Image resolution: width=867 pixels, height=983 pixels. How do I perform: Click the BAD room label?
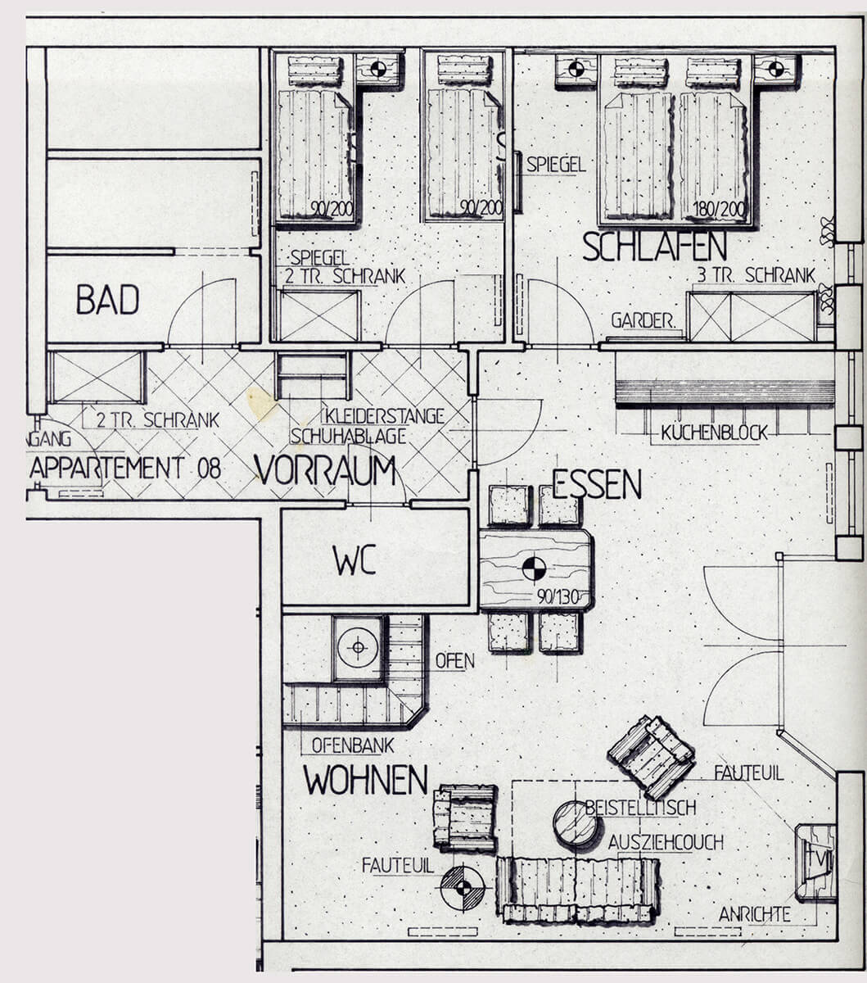[x=107, y=300]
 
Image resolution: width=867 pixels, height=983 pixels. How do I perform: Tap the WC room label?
[x=354, y=561]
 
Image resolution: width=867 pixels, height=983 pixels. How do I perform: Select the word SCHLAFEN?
[x=654, y=246]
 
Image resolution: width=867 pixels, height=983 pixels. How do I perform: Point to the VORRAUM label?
[x=325, y=470]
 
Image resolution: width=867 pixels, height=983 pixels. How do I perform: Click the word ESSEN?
[x=597, y=484]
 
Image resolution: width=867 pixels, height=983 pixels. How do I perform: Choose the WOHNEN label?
[x=366, y=780]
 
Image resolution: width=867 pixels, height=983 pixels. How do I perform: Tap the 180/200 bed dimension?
[x=719, y=210]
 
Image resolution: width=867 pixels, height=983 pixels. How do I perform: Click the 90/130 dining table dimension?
[x=558, y=598]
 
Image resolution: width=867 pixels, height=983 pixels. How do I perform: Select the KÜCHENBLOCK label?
[x=714, y=433]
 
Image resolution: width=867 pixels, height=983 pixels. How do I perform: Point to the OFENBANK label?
[x=353, y=745]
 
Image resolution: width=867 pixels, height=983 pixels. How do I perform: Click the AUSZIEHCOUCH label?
[x=666, y=843]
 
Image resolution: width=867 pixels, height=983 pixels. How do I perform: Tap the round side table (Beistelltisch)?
[x=576, y=823]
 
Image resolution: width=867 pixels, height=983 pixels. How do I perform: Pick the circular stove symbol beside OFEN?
[x=358, y=647]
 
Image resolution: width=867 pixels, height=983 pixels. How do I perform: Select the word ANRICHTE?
[x=754, y=914]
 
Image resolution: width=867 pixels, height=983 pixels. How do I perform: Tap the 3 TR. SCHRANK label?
[x=756, y=275]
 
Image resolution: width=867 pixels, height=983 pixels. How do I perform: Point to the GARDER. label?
[x=643, y=321]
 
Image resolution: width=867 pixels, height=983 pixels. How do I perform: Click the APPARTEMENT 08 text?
[x=125, y=468]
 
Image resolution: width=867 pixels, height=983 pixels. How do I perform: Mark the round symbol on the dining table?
[x=535, y=569]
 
